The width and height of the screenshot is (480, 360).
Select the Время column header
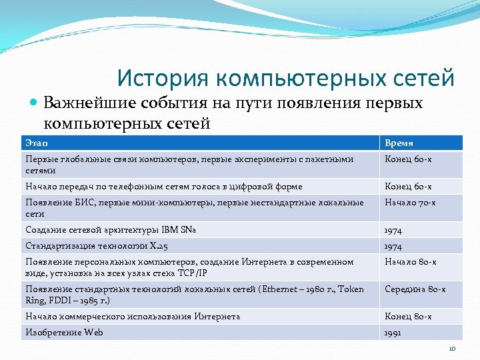coord(399,143)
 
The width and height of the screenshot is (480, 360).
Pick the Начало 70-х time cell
coord(408,203)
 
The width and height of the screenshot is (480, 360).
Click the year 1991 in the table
coord(393,333)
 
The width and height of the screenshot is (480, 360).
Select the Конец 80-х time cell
coord(407,317)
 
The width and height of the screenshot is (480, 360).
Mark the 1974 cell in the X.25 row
coord(393,246)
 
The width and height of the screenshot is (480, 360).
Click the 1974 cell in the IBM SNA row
coord(393,230)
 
